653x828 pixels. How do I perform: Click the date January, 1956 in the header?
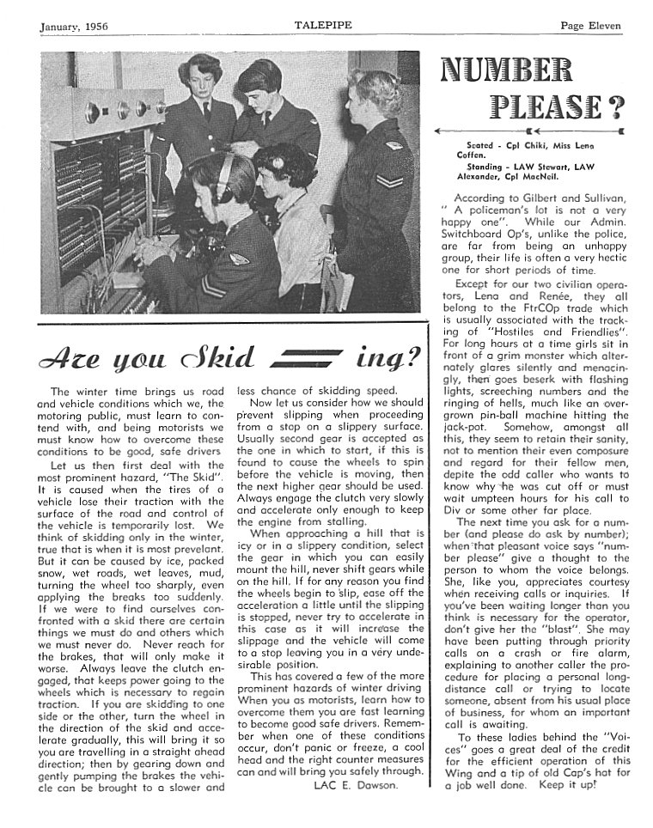coord(75,26)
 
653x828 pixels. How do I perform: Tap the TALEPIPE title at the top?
coord(321,26)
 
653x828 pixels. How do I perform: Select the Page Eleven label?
coord(590,26)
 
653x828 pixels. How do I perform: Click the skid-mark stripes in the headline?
coord(307,355)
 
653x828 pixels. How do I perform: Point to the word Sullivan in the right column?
coord(598,198)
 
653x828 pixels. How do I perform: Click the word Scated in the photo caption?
coord(479,146)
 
